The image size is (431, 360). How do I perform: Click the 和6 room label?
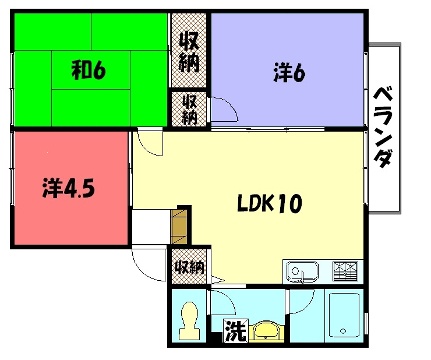point(88,70)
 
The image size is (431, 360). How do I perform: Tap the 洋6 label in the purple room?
point(289,73)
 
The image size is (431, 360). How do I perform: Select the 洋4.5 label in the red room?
point(69,188)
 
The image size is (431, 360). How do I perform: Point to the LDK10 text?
point(270,203)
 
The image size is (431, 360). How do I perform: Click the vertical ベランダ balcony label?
point(383,127)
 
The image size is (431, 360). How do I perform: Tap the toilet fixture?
point(189,320)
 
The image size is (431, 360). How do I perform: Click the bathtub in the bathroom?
point(345,315)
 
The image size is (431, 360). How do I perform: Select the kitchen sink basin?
point(303,270)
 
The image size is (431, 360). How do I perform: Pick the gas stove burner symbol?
point(345,270)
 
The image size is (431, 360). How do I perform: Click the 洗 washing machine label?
point(236,331)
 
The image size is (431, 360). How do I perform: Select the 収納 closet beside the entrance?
point(190,267)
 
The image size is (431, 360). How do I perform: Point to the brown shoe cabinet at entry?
point(180,226)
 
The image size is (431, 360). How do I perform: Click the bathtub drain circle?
point(343,331)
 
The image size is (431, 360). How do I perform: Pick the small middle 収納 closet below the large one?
point(190,109)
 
